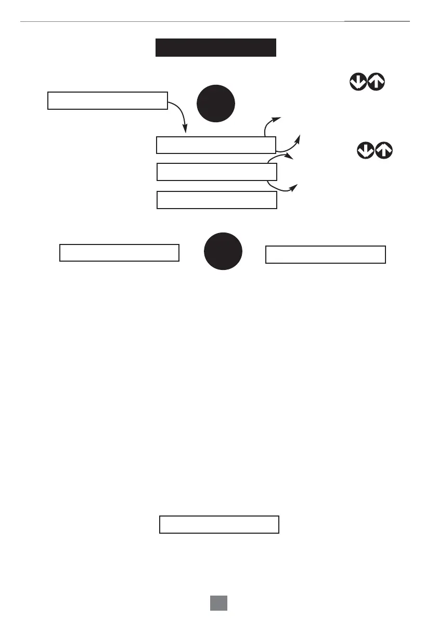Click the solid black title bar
[x=215, y=47]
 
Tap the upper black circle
[x=216, y=103]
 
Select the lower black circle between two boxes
[x=223, y=251]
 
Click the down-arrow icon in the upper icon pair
[x=358, y=82]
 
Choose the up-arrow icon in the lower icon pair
[x=384, y=151]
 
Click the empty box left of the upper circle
[x=108, y=100]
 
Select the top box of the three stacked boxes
[x=216, y=145]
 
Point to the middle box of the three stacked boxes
[x=216, y=172]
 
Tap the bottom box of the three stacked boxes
[x=216, y=200]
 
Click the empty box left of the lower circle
[x=120, y=252]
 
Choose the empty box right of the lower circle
[x=326, y=254]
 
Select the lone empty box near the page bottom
[x=219, y=524]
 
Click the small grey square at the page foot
[x=219, y=603]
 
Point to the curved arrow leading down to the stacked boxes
[x=180, y=113]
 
